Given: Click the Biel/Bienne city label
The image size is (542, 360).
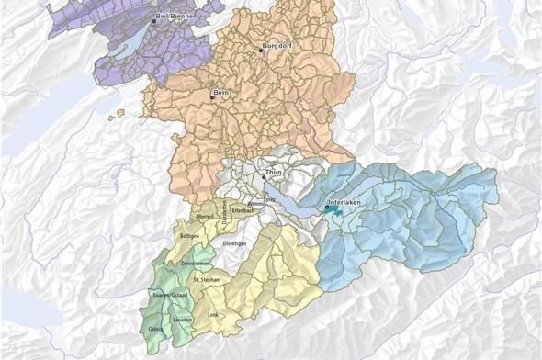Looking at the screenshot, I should [179, 17].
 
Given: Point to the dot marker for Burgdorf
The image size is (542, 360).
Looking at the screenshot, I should [261, 51].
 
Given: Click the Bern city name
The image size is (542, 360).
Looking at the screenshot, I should [220, 93].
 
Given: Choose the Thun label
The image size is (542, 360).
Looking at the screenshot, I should [274, 172].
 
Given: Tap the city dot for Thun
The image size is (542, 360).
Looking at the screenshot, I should [264, 177].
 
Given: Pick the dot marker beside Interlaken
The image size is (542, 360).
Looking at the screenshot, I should [327, 208].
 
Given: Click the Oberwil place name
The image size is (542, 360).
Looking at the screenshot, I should [205, 217].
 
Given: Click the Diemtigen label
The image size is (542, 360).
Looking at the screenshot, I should [238, 243].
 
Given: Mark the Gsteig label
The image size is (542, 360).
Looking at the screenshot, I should [157, 328].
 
